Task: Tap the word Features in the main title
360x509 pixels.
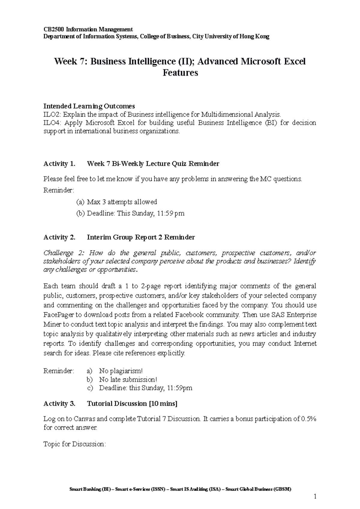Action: [x=180, y=73]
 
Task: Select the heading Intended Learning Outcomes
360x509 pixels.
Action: [x=89, y=106]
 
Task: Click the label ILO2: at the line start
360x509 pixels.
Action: [x=52, y=115]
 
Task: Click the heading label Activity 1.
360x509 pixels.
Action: [x=59, y=164]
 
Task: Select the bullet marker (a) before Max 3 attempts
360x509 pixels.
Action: [x=80, y=202]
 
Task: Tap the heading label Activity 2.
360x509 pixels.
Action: [x=59, y=237]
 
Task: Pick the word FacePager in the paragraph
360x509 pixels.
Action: [x=57, y=315]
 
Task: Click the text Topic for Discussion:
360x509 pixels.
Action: [x=75, y=444]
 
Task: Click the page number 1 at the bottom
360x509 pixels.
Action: [x=315, y=496]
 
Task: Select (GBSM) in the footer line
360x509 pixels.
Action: [x=282, y=490]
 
